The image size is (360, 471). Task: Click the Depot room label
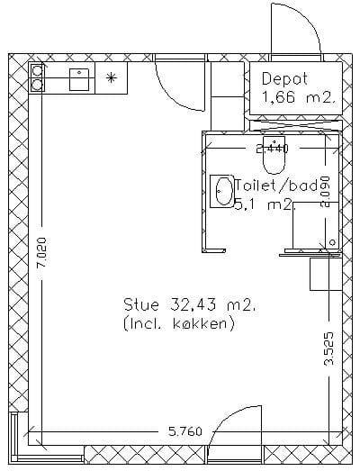284,79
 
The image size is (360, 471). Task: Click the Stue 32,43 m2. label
191,304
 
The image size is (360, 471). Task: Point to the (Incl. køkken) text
178,323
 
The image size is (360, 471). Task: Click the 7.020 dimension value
41,252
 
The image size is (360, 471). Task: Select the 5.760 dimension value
185,432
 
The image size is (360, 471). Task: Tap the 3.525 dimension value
328,349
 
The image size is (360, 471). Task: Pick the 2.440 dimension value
272,149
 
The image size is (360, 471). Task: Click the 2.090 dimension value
326,192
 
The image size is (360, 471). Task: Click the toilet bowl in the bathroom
274,155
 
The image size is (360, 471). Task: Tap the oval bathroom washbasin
224,191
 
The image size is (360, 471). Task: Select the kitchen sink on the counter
79,79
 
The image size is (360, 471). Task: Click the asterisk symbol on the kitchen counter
111,77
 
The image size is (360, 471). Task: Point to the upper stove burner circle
37,71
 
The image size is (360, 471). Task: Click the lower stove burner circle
37,86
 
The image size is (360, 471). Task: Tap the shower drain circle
332,242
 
